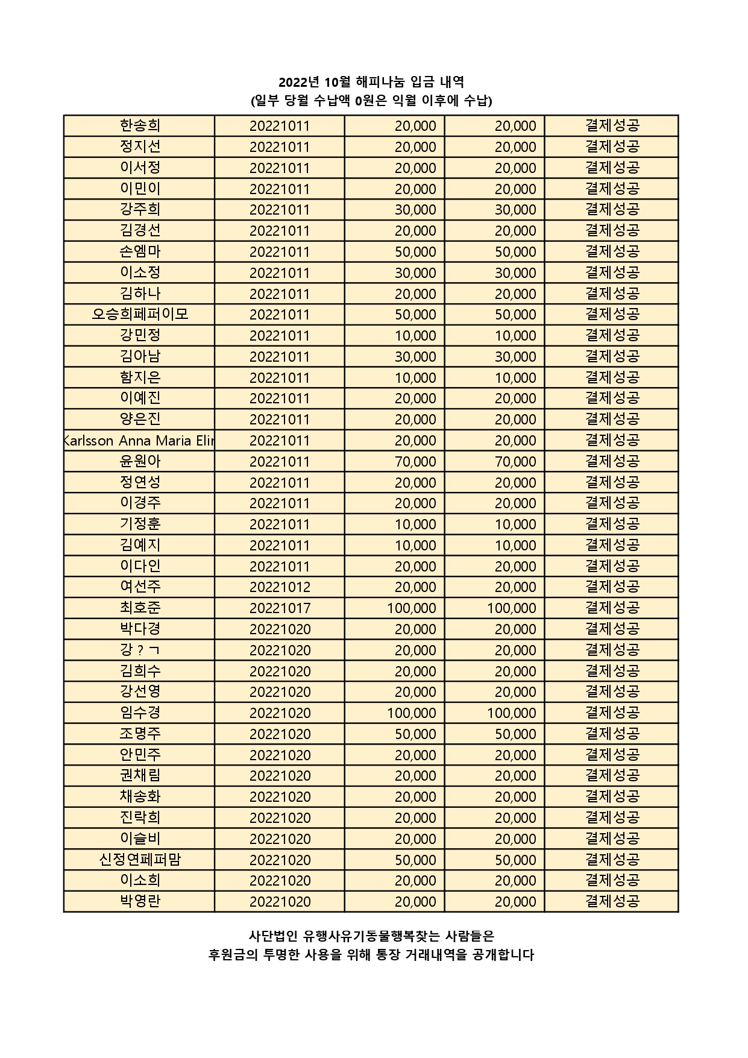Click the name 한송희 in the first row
(x=140, y=125)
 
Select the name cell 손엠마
(x=140, y=251)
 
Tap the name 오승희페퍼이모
(x=140, y=314)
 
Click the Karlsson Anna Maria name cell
(x=139, y=440)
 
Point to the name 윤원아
(x=140, y=461)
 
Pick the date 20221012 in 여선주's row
(x=280, y=587)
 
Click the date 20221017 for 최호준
(x=280, y=608)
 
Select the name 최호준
(x=140, y=608)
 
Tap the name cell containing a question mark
(x=140, y=650)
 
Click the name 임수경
(x=140, y=713)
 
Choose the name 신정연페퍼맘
(x=140, y=860)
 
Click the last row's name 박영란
(x=140, y=901)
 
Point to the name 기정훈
(x=140, y=524)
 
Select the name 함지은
(x=140, y=377)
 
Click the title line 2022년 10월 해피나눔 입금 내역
(x=371, y=82)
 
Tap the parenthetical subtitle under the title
(x=371, y=101)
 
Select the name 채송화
(x=140, y=796)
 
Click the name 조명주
(x=140, y=734)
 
